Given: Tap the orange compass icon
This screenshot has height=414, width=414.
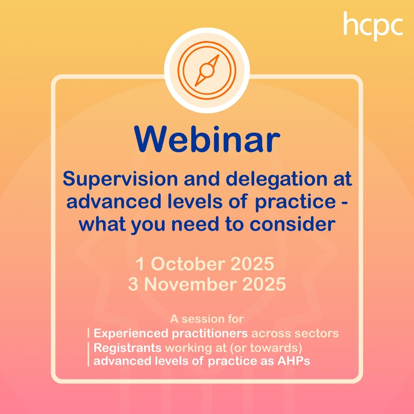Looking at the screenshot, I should tap(207, 70).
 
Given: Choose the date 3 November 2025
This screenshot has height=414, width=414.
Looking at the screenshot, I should tap(207, 285).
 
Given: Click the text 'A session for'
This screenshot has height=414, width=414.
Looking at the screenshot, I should tap(207, 319).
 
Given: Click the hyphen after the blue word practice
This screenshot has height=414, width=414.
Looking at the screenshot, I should tap(344, 202).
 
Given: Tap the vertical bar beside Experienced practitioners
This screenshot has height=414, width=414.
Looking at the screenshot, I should tap(89, 333).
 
